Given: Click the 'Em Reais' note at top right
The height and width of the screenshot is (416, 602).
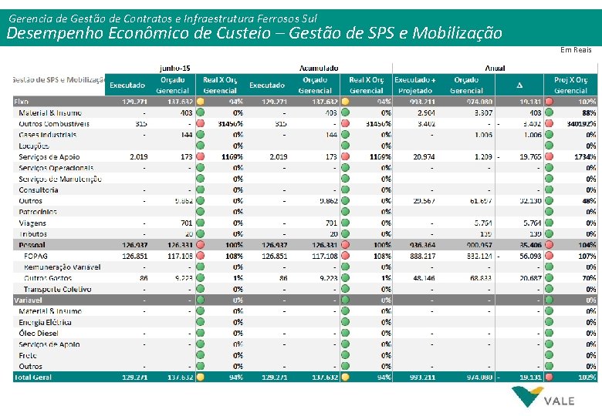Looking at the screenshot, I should tap(576, 50).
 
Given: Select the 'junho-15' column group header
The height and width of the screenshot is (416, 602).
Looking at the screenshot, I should tap(175, 68).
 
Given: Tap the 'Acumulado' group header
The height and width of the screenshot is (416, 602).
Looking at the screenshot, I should tap(319, 68).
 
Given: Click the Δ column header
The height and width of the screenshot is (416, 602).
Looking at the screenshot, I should tap(519, 85).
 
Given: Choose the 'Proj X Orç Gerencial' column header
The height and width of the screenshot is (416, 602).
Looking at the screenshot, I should tap(570, 85).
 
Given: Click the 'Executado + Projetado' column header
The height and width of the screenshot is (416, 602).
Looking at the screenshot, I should tap(414, 85).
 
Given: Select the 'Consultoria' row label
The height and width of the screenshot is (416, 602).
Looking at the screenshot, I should tap(39, 190).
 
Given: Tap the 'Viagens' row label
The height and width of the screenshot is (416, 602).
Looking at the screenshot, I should tap(33, 223).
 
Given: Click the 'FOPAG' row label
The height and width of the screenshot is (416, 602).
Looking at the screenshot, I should tap(36, 256).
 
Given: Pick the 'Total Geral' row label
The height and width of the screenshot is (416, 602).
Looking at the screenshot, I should tap(33, 377).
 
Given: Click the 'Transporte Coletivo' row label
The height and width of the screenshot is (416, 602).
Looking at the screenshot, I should tap(58, 289).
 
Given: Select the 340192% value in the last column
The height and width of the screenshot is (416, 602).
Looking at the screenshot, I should tap(580, 123).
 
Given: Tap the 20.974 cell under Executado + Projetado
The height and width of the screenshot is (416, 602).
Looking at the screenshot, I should tap(423, 156).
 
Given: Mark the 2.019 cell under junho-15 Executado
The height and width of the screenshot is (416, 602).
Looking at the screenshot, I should tap(136, 156).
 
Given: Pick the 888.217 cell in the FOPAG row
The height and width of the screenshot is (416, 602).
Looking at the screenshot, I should tap(421, 256).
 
